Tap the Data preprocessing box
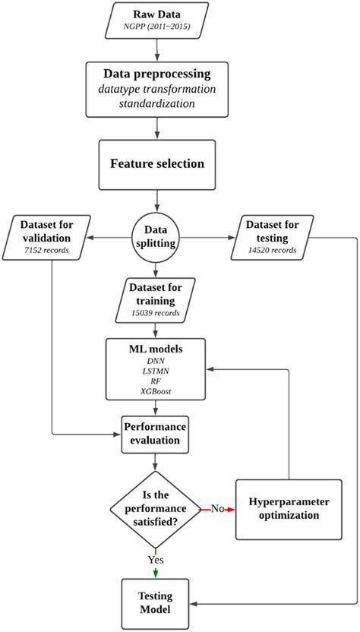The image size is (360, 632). pyautogui.click(x=157, y=89)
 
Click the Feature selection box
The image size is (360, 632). pyautogui.click(x=157, y=163)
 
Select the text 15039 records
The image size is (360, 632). pyautogui.click(x=156, y=312)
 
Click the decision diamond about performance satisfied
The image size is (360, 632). pyautogui.click(x=156, y=508)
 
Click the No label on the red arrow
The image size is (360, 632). pyautogui.click(x=216, y=508)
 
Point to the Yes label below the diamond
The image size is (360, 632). pyautogui.click(x=156, y=559)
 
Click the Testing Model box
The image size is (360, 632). pyautogui.click(x=156, y=599)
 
